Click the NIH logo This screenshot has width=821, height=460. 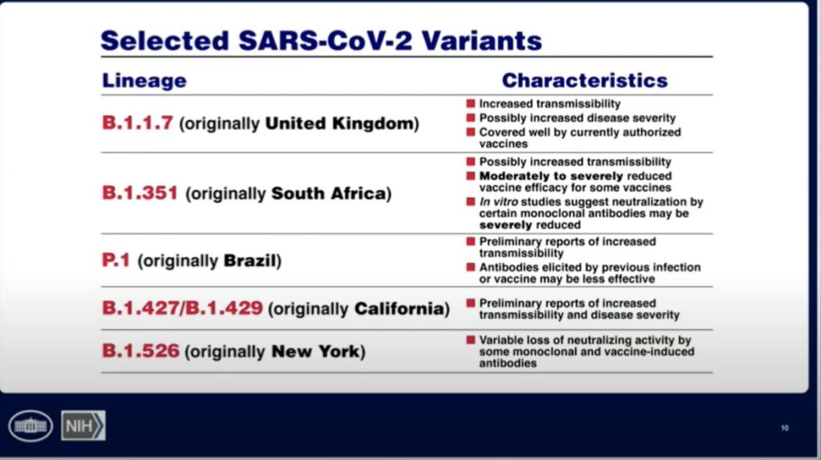pyautogui.click(x=83, y=426)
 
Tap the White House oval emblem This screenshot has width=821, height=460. pyautogui.click(x=30, y=426)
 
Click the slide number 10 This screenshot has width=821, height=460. pyautogui.click(x=784, y=428)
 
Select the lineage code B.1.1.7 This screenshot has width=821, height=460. pyautogui.click(x=137, y=123)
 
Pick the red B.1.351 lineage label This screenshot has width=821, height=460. pyautogui.click(x=140, y=193)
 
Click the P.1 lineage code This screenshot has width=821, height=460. pyautogui.click(x=115, y=260)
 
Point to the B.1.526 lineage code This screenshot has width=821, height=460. pyautogui.click(x=140, y=351)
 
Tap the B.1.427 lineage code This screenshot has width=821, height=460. pyautogui.click(x=140, y=308)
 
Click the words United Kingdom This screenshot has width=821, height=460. pyautogui.click(x=339, y=123)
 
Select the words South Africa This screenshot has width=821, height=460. pyautogui.click(x=328, y=194)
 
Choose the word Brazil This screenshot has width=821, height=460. pyautogui.click(x=250, y=260)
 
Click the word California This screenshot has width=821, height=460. pyautogui.click(x=399, y=309)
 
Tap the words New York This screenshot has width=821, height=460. pyautogui.click(x=316, y=351)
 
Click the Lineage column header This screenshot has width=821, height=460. pyautogui.click(x=144, y=81)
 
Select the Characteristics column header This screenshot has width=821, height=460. pyautogui.click(x=584, y=80)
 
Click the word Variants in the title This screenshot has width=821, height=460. pyautogui.click(x=482, y=41)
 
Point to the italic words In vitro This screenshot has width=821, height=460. pyautogui.click(x=499, y=201)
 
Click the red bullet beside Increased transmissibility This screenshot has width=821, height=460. pyautogui.click(x=471, y=103)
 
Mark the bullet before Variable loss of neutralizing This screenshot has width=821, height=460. pyautogui.click(x=471, y=340)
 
